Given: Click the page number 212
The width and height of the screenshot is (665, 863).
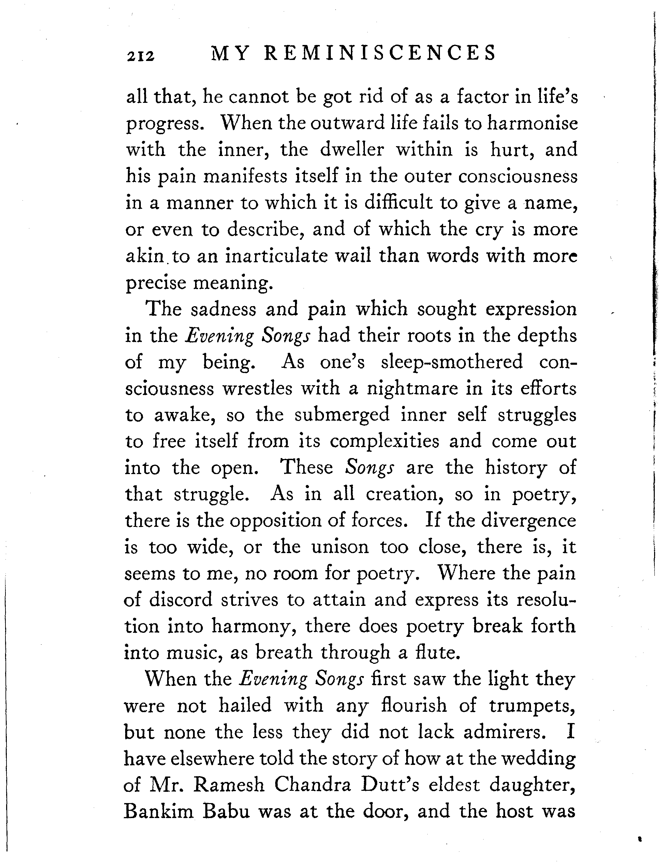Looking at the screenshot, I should click(x=140, y=56).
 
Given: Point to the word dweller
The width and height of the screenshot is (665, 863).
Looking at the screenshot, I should click(x=352, y=150).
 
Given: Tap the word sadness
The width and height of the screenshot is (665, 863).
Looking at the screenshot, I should click(x=223, y=309).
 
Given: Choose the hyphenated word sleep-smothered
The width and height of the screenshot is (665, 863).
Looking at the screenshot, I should click(x=452, y=362).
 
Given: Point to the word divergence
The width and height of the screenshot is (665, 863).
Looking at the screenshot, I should click(x=529, y=520).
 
